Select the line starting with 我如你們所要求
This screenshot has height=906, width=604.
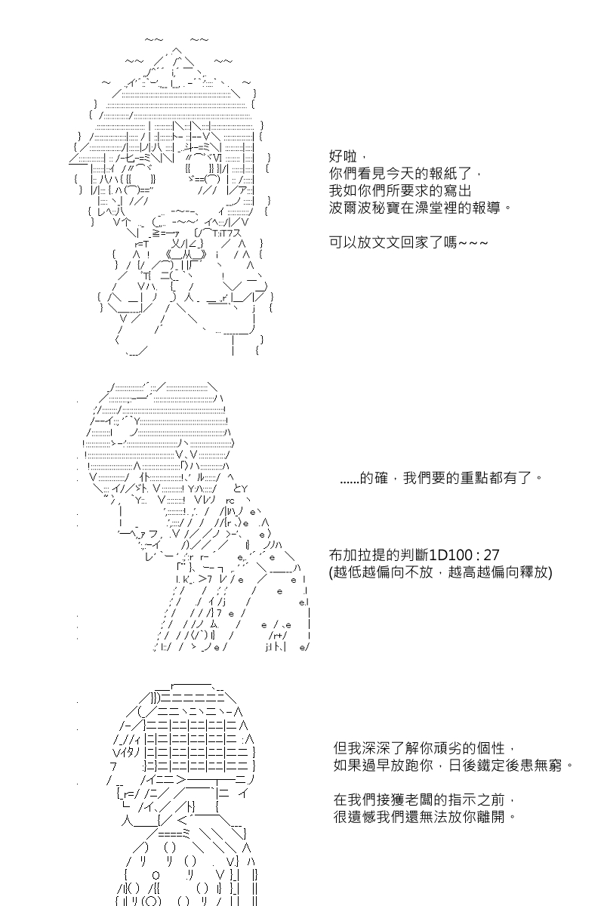(400, 190)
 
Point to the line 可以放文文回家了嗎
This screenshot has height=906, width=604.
(408, 242)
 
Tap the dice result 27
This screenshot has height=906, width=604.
(492, 554)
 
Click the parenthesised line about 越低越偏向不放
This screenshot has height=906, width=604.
(441, 572)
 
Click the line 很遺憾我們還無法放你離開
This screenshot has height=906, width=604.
(425, 817)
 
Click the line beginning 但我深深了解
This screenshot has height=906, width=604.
(425, 748)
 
